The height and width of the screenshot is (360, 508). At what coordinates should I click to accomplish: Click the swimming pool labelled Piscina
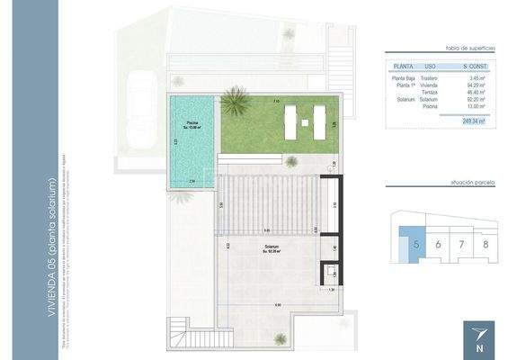coord(192,144)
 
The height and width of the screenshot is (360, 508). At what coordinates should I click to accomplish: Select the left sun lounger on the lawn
coord(292,121)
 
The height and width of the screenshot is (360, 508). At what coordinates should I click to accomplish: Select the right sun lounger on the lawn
coord(318,121)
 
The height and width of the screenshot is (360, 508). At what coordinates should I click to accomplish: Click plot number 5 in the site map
coord(416,244)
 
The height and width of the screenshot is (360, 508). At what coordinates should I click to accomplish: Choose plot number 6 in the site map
coord(437,244)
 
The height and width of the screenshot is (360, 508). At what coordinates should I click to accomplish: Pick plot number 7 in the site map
coord(461,244)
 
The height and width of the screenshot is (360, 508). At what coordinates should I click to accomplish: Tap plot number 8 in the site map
coord(485,244)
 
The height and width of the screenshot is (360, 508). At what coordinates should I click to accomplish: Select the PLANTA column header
coord(404,67)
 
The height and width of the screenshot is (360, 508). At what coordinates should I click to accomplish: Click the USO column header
coord(430,67)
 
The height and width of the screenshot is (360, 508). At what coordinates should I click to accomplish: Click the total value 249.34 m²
coord(474,121)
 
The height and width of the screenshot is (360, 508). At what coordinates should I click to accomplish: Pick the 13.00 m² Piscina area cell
coord(477,107)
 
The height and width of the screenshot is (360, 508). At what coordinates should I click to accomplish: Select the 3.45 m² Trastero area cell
coord(477,79)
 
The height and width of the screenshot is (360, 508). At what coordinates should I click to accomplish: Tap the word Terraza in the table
coord(430,93)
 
